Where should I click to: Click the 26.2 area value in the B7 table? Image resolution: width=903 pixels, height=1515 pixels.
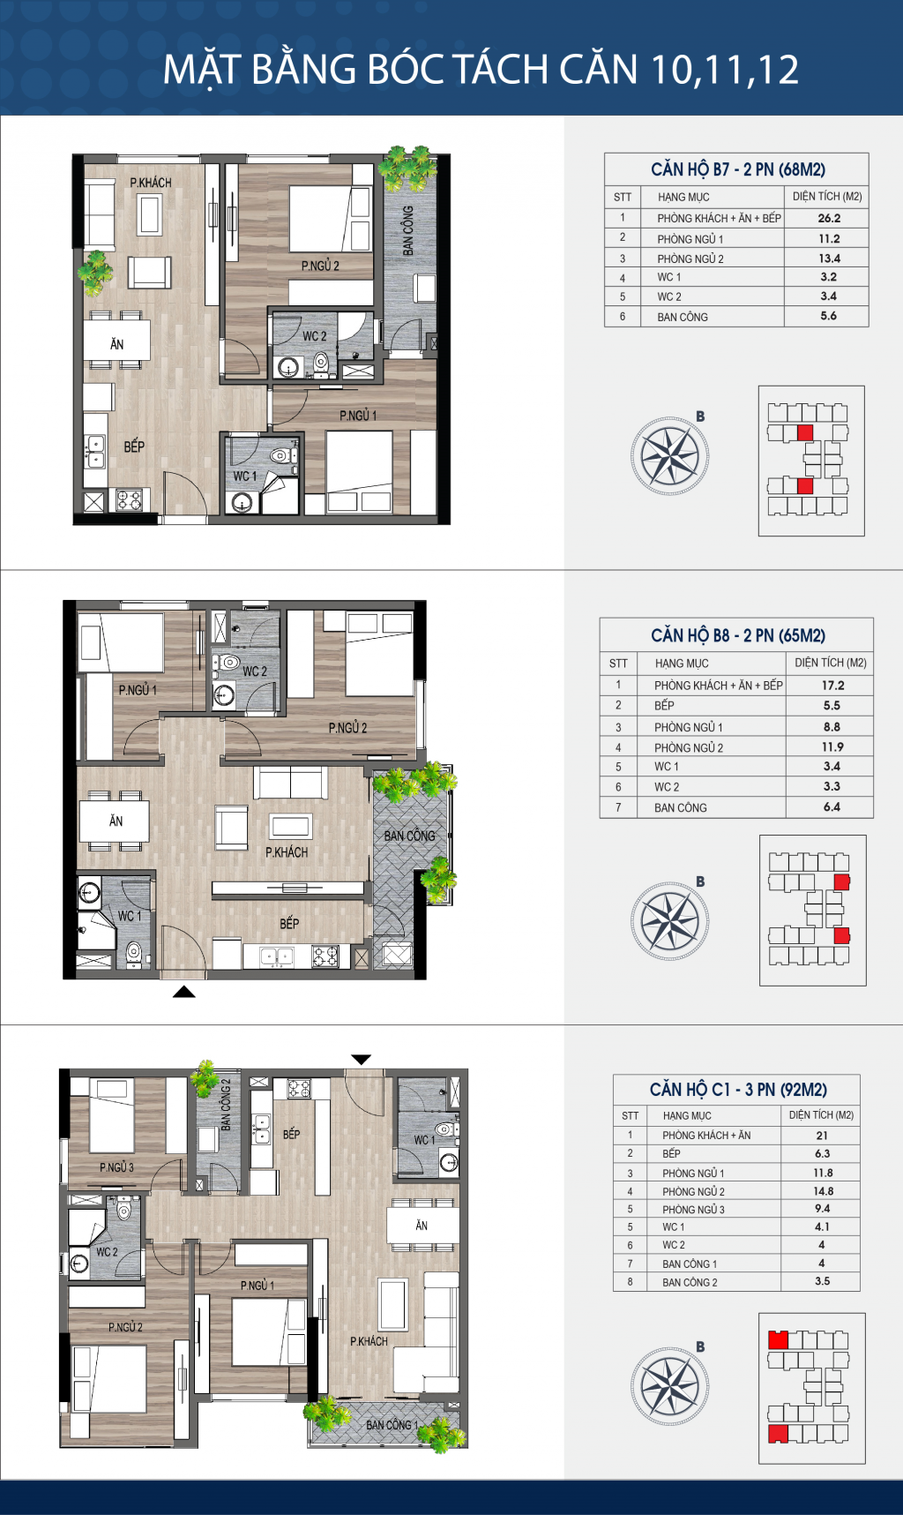[829, 218]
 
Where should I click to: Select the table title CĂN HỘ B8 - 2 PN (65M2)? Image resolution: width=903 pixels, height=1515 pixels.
[738, 635]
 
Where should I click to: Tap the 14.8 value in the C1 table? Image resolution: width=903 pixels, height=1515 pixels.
[823, 1191]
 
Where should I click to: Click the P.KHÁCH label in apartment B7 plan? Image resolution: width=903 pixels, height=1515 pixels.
[151, 183]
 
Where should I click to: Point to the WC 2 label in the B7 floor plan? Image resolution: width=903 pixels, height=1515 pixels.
[315, 336]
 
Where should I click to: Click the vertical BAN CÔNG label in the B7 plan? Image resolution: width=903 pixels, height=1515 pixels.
[408, 231]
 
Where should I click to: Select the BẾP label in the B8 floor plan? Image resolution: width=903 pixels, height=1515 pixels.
[289, 923]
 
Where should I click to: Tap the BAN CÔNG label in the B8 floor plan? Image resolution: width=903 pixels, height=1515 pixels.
[409, 836]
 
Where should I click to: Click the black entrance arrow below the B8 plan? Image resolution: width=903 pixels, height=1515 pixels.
[183, 992]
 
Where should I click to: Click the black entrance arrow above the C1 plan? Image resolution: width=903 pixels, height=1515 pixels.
[362, 1059]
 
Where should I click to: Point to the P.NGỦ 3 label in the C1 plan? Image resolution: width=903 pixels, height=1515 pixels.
[116, 1167]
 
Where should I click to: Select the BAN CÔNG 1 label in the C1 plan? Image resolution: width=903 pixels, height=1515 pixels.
[392, 1425]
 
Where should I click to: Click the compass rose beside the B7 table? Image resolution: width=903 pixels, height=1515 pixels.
[669, 456]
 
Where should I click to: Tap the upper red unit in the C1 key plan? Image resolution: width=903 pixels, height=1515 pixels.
[778, 1340]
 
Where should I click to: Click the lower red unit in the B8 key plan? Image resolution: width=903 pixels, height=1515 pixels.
[842, 935]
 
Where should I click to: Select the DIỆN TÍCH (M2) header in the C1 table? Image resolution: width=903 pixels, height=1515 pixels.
[821, 1115]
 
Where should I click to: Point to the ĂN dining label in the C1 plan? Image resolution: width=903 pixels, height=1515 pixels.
[422, 1226]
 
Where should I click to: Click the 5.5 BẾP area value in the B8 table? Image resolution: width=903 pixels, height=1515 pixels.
[832, 706]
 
